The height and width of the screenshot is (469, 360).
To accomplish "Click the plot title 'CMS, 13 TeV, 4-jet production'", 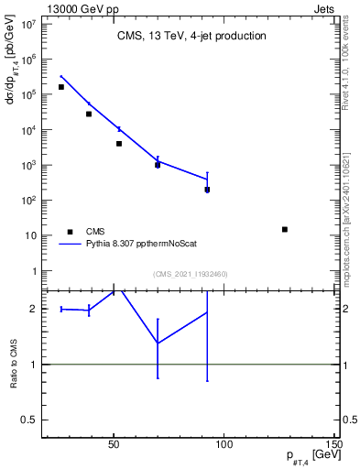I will click(x=191, y=37).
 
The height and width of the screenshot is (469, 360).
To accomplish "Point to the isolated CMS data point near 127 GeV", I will click(x=285, y=229).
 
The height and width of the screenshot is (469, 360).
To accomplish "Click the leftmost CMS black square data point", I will click(x=61, y=87).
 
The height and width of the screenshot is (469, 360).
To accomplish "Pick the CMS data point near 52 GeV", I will click(x=119, y=144).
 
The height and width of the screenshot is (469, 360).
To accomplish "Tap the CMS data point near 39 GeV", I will click(x=89, y=114).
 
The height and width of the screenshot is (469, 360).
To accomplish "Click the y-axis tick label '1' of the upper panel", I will click(x=33, y=271).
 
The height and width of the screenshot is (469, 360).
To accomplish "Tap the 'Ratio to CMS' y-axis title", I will click(x=14, y=364).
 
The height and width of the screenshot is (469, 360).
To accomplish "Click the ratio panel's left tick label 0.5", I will click(x=27, y=420).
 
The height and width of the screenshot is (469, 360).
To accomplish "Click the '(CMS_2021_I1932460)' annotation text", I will click(x=191, y=274).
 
